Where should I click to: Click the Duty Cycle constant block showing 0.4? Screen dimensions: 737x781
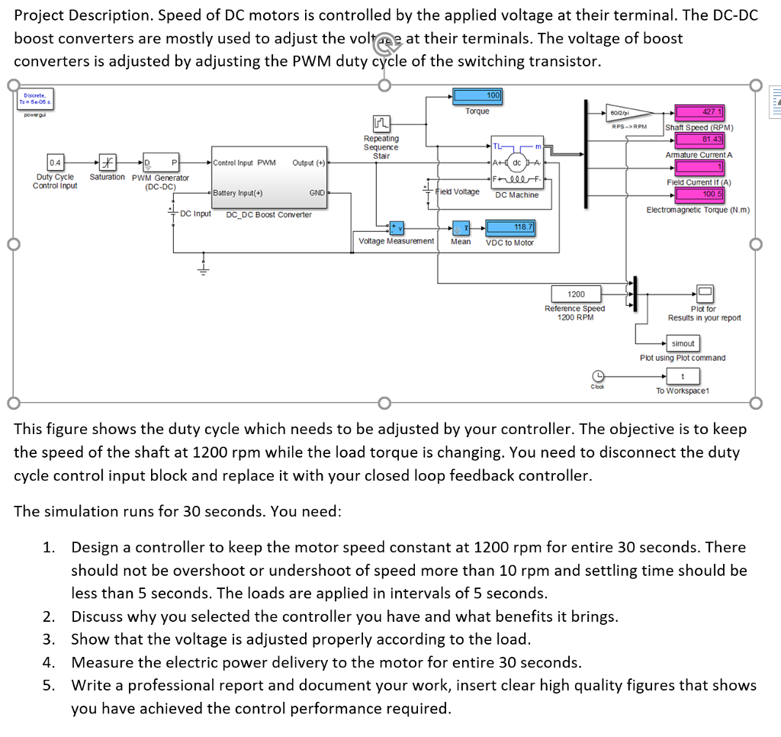click(55, 163)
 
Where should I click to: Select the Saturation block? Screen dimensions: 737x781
click(108, 163)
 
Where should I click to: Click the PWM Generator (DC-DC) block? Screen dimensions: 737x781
click(160, 163)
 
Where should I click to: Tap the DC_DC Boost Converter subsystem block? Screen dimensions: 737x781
click(268, 178)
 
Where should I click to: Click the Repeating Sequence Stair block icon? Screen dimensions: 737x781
click(381, 124)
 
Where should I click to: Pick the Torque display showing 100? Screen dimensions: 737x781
click(477, 95)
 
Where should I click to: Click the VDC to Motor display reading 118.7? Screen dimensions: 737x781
click(513, 227)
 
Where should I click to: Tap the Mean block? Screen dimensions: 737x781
click(461, 227)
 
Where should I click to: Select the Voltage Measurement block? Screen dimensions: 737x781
click(396, 227)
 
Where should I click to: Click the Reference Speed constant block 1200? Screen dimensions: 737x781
click(576, 294)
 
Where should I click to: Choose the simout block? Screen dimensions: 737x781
click(683, 343)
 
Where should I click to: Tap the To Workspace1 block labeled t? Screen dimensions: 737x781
click(683, 375)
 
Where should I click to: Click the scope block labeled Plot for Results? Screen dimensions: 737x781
click(703, 294)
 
